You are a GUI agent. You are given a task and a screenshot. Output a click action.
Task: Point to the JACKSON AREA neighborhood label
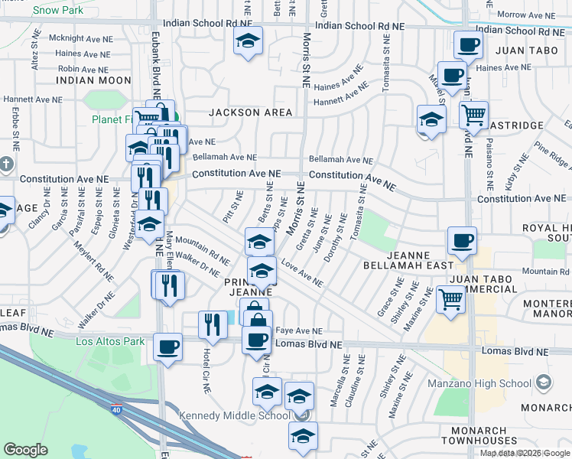[251, 112]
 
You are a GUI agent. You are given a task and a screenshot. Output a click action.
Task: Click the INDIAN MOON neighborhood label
[94, 80]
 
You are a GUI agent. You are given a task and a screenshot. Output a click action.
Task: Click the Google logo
[26, 449]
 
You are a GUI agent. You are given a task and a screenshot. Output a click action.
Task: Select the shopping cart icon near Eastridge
[474, 116]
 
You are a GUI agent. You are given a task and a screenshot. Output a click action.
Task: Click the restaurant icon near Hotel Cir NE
[213, 323]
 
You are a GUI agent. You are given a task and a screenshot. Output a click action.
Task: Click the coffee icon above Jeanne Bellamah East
[462, 240]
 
